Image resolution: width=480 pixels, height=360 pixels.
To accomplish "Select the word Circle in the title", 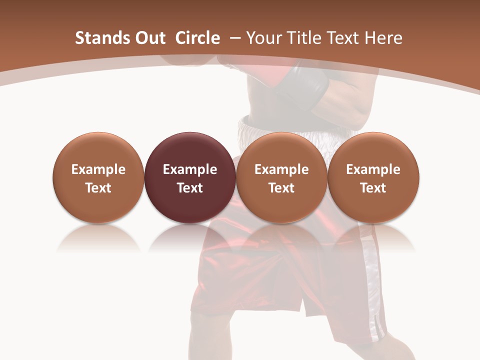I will tap(197, 38).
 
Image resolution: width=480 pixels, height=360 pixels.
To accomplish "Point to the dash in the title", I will tap(235, 38).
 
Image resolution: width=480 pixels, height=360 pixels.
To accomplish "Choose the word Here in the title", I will tap(384, 38).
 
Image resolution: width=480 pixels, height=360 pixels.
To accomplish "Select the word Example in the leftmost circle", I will tap(98, 169).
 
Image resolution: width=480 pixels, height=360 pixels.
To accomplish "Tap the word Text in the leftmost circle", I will tap(98, 188).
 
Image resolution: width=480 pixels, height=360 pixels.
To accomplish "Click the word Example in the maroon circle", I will tap(190, 169).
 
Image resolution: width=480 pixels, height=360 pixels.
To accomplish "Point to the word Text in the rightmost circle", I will tap(373, 188).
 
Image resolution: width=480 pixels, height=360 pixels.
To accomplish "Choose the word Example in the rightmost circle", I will tap(373, 169).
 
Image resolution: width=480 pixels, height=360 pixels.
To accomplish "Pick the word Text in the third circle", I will tap(281, 188).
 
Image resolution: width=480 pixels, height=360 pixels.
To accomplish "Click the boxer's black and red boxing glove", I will tap(300, 85).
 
